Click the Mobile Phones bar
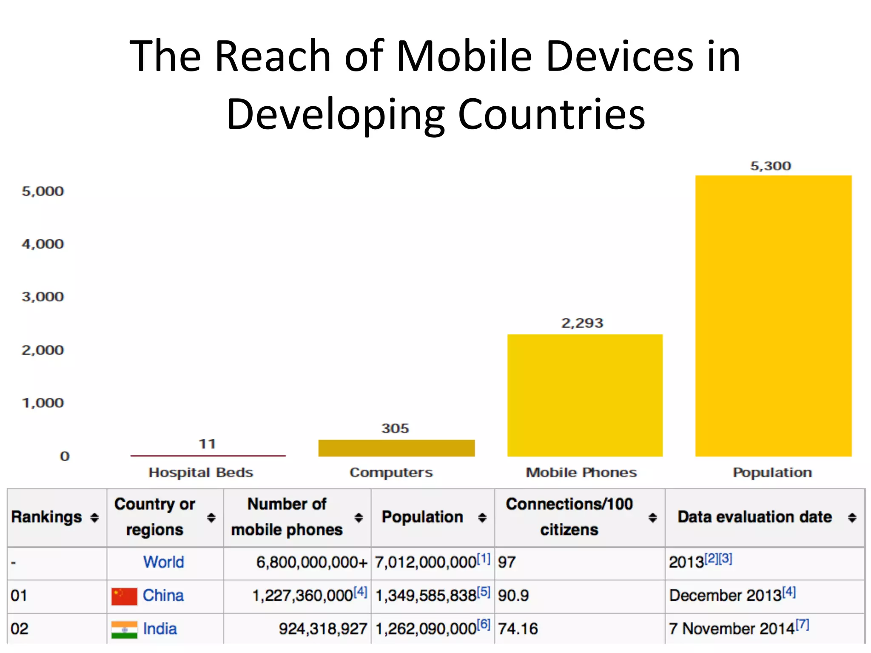[x=585, y=395]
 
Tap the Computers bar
[x=396, y=448]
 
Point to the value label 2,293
[x=582, y=323]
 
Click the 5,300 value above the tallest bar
[x=771, y=166]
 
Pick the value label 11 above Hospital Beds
[x=208, y=444]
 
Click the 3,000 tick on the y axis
[x=43, y=296]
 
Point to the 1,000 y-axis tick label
[x=43, y=403]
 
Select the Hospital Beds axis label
[x=201, y=472]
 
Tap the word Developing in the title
[x=336, y=114]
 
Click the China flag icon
[x=124, y=596]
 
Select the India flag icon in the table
[x=124, y=630]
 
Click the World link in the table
[x=164, y=562]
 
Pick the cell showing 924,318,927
[x=323, y=629]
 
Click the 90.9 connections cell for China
[x=513, y=596]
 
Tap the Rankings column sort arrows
[x=94, y=517]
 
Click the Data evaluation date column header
[x=754, y=517]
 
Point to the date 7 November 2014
[x=732, y=628]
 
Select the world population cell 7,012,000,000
[x=425, y=562]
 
